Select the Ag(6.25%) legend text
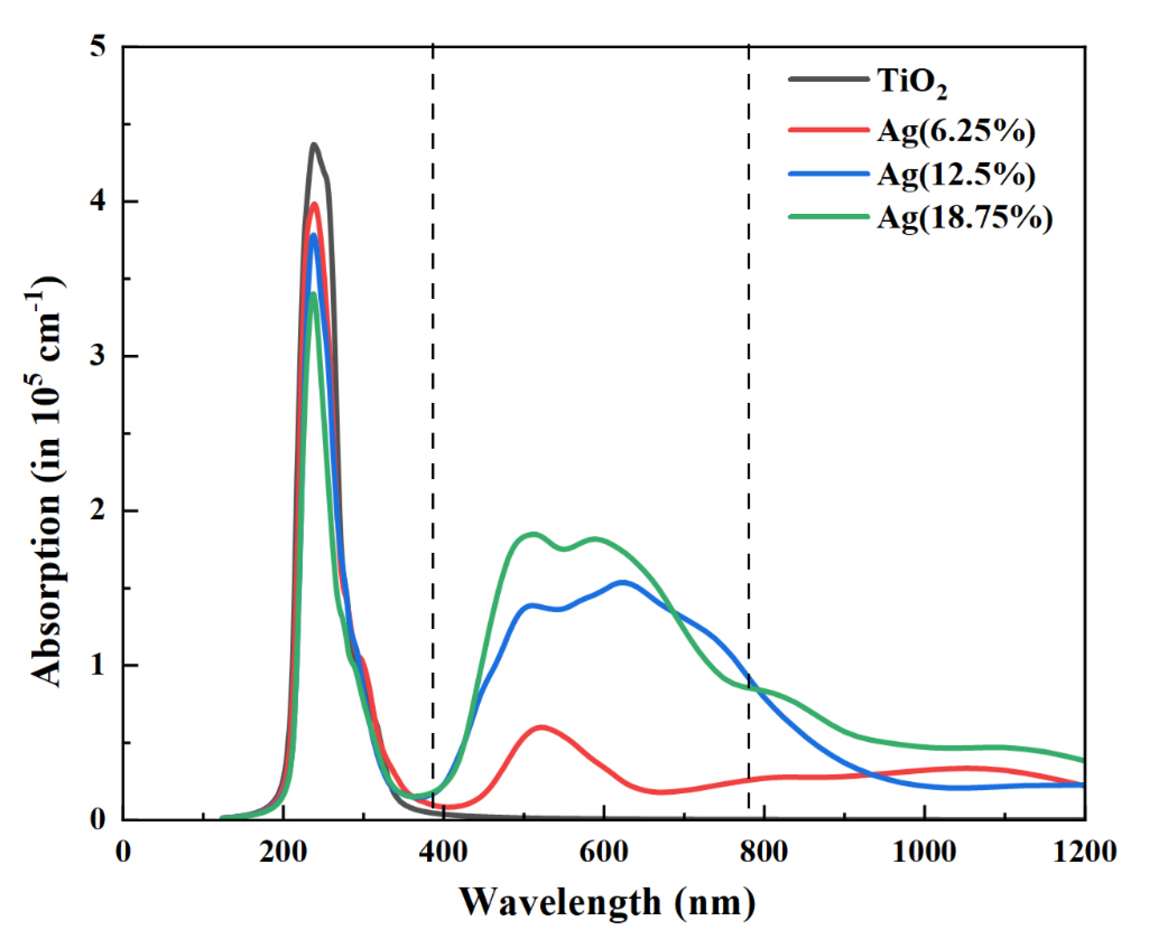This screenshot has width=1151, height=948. [x=956, y=131]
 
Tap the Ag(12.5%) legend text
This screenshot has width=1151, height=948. [x=956, y=175]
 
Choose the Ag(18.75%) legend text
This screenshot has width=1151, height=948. [x=965, y=218]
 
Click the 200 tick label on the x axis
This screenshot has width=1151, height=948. [x=283, y=852]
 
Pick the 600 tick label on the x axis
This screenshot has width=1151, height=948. [x=603, y=852]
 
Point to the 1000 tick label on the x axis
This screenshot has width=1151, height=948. [x=924, y=852]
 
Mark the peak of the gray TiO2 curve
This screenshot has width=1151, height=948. [x=314, y=145]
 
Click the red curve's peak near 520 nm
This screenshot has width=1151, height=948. [x=541, y=727]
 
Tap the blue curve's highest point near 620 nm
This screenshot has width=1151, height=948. [x=623, y=582]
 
